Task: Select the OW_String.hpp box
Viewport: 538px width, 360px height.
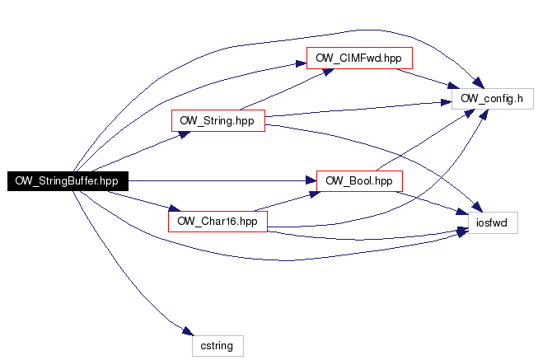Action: click(x=218, y=120)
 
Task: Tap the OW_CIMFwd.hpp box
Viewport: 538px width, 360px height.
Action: click(x=358, y=58)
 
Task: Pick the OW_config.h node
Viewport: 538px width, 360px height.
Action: click(x=492, y=100)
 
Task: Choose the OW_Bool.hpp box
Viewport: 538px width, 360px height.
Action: click(x=358, y=181)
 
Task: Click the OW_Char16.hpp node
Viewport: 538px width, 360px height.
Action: click(x=218, y=221)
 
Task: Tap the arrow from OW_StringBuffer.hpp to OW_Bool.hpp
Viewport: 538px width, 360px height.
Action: click(x=222, y=180)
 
